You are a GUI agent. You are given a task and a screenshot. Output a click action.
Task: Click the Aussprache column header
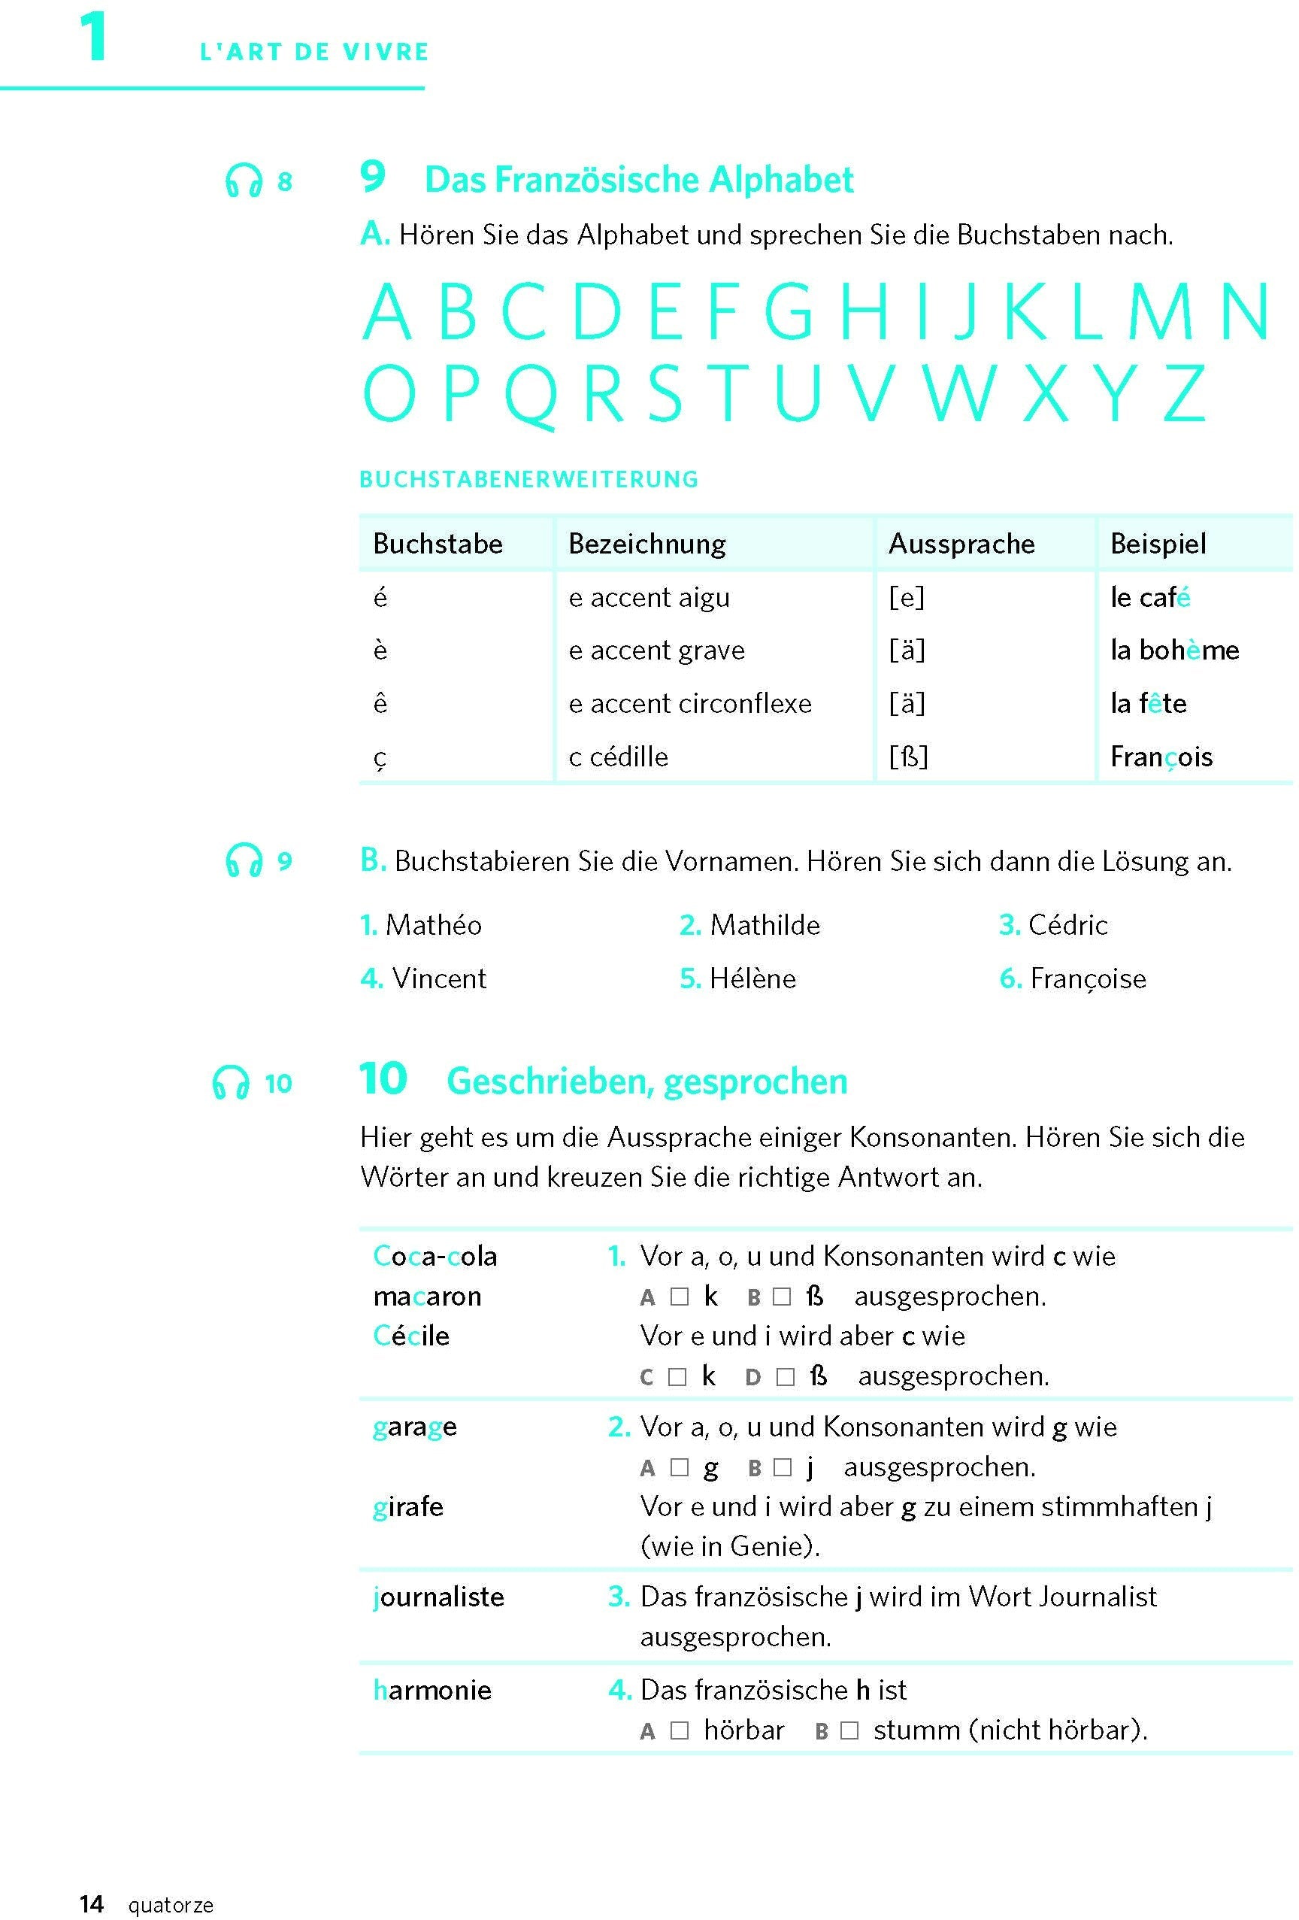tap(961, 544)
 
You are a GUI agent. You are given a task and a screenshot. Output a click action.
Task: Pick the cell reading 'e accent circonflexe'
tap(689, 703)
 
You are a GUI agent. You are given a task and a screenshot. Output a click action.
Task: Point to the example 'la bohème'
tap(1173, 651)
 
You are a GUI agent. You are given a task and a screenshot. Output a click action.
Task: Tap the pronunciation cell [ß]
tap(907, 757)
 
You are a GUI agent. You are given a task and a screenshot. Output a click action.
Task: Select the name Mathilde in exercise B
tap(764, 924)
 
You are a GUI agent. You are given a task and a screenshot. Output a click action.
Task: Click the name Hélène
tap(752, 978)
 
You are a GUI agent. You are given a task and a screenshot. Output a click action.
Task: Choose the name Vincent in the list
tap(438, 978)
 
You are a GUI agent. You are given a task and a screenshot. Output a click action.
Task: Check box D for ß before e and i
tap(786, 1376)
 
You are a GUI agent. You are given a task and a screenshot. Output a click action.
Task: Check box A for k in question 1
tap(679, 1297)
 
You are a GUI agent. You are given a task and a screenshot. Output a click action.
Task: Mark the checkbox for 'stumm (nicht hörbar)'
tap(849, 1730)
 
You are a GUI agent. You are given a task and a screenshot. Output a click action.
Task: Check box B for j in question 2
tap(782, 1467)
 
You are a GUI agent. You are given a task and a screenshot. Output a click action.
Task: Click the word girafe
tap(408, 1507)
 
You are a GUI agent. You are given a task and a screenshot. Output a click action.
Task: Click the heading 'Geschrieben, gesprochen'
tap(646, 1081)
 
